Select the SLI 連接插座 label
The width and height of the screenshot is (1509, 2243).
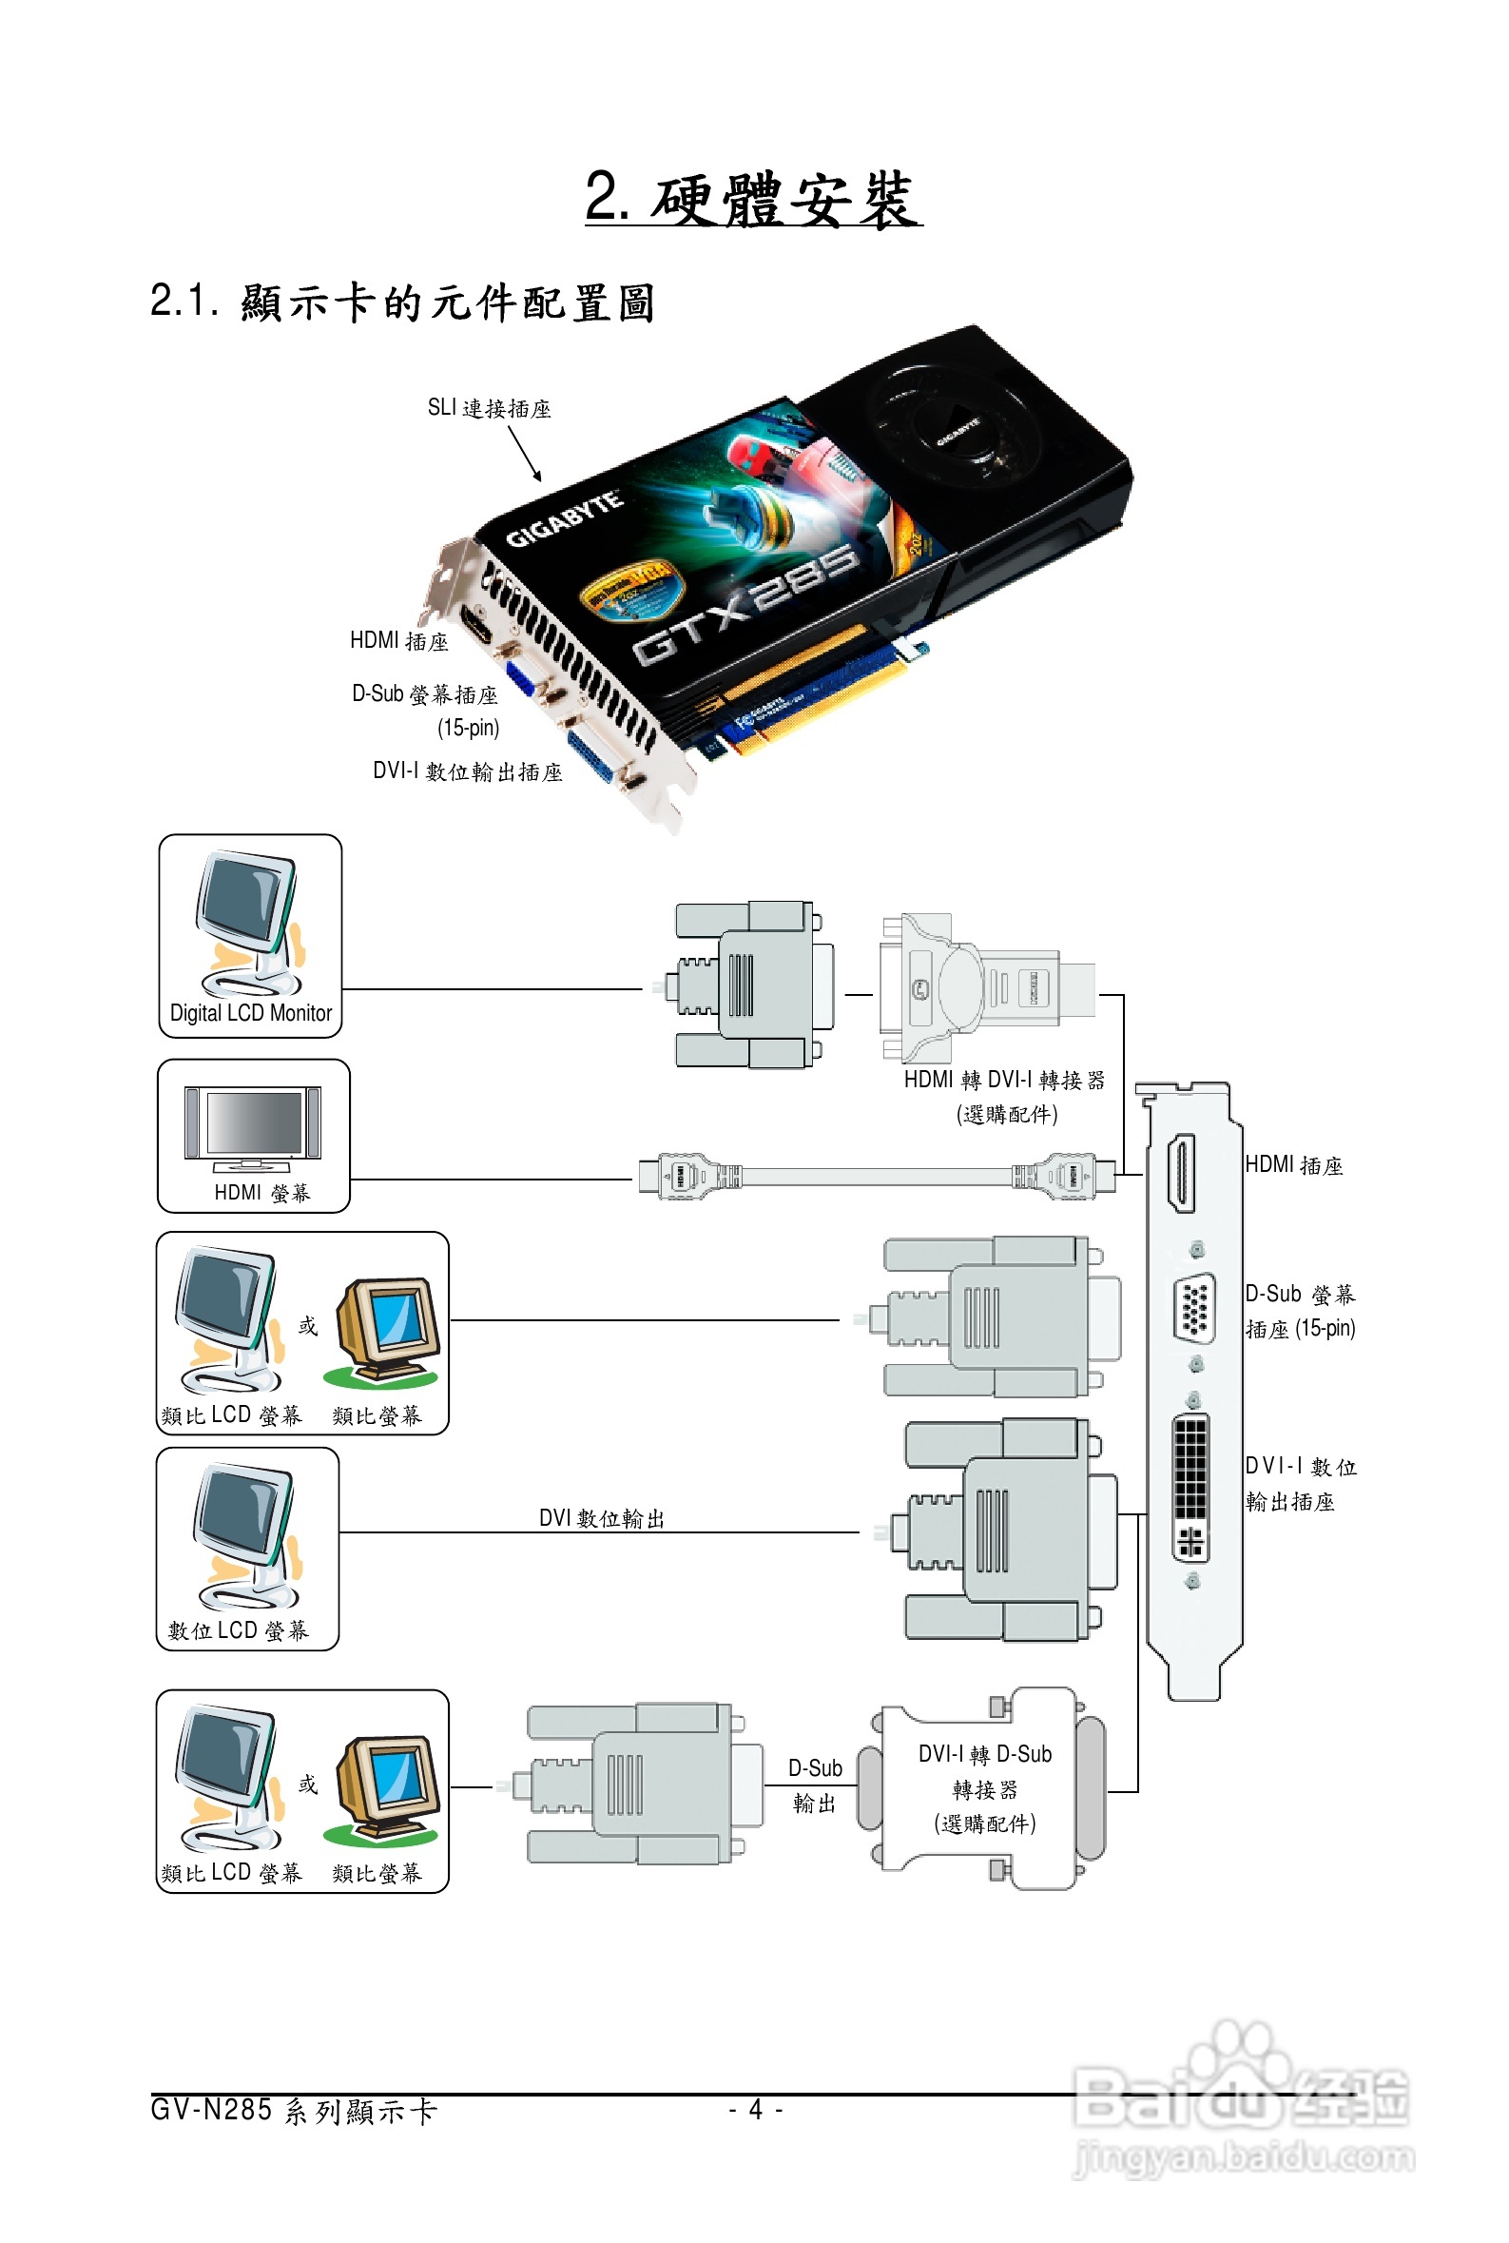pos(489,408)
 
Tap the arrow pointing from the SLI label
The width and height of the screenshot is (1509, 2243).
pos(525,453)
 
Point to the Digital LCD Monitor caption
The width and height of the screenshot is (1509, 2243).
pos(250,1013)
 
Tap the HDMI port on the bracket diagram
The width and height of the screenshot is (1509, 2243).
pos(1181,1173)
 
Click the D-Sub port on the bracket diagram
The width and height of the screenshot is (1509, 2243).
pos(1192,1307)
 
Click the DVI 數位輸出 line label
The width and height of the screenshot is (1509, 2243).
pos(602,1518)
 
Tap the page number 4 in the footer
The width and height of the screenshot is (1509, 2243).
pos(756,2109)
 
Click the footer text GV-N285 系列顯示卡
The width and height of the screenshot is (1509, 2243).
pos(294,2110)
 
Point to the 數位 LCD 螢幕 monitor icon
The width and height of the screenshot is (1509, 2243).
pos(247,1535)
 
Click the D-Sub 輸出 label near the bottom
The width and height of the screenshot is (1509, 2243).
pos(814,1785)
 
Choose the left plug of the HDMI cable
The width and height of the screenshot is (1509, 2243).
pos(687,1176)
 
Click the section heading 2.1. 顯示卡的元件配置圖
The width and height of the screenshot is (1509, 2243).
pos(402,302)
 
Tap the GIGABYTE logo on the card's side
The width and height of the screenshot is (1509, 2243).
pos(564,519)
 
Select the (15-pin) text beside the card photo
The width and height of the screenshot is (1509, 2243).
pos(469,728)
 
